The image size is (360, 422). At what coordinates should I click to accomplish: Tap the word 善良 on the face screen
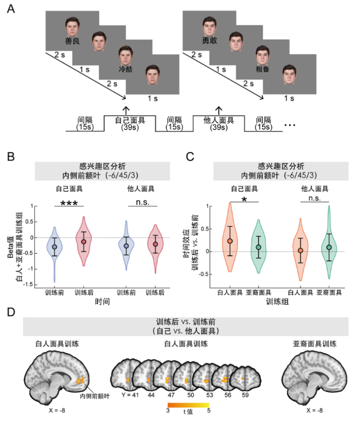[x=72, y=41]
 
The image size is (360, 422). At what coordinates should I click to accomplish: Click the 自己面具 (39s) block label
[x=129, y=123]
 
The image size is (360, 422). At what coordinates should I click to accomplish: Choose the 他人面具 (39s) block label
[x=218, y=123]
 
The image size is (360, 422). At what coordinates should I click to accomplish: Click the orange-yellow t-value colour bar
[x=183, y=404]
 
